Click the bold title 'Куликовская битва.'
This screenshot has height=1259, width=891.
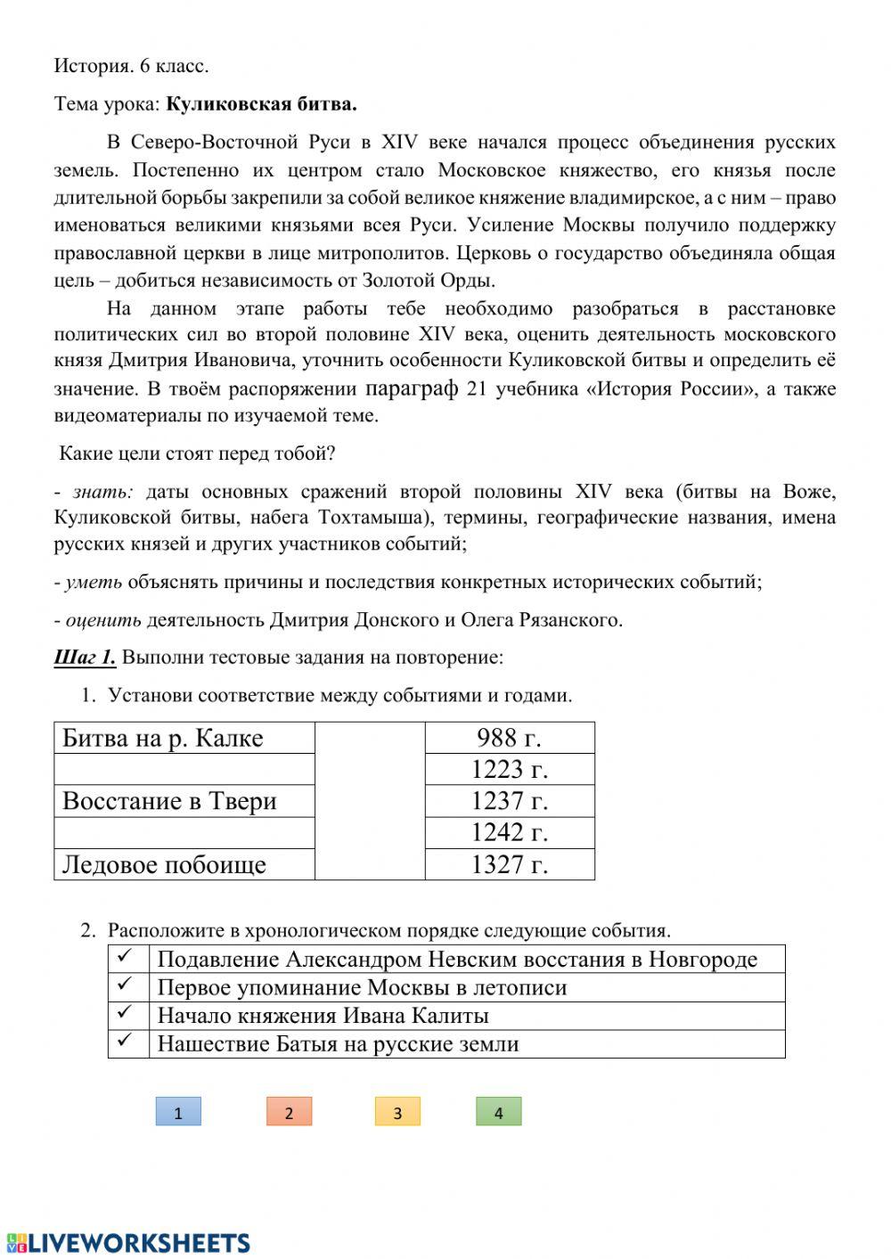point(261,104)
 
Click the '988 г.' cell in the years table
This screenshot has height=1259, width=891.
point(509,738)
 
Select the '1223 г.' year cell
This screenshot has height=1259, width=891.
point(509,769)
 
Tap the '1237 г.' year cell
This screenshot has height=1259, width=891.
point(509,801)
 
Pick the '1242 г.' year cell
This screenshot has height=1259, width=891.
point(509,832)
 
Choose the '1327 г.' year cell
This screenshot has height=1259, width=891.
point(509,864)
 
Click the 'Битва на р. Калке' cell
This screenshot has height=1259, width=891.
point(184,738)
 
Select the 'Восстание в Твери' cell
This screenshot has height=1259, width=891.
point(184,801)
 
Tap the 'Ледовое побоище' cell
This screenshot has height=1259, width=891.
point(184,864)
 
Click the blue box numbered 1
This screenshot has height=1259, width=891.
point(178,1112)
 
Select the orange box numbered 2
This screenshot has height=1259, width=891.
point(289,1112)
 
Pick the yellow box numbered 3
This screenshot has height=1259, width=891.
point(397,1112)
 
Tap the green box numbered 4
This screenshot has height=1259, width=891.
point(498,1112)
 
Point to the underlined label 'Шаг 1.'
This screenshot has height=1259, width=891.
point(85,658)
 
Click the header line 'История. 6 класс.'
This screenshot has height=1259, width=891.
point(131,66)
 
